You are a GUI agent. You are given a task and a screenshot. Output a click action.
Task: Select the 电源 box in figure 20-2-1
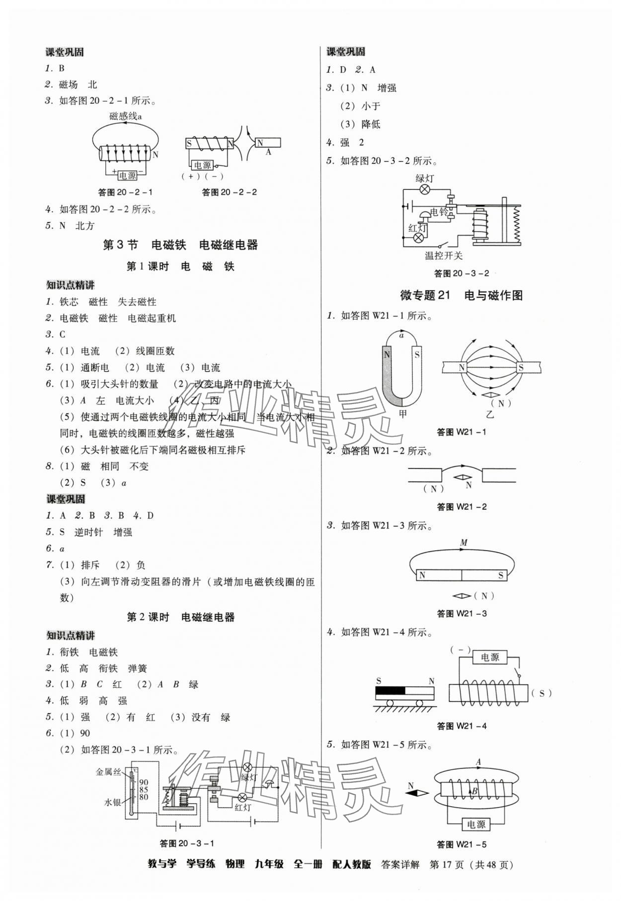click(x=128, y=175)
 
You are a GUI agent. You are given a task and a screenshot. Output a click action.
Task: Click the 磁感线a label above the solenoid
click(x=126, y=116)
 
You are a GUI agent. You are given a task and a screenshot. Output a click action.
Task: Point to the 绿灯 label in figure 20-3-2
click(x=424, y=178)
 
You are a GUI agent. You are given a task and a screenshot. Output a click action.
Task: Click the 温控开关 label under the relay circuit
click(x=444, y=255)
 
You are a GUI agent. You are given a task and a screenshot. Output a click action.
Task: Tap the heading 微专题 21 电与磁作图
click(x=461, y=295)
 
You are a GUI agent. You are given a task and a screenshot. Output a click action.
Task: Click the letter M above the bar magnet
click(x=464, y=543)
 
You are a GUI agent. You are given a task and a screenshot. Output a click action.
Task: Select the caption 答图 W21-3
click(x=462, y=614)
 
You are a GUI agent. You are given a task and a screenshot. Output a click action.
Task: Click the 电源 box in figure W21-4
click(x=489, y=657)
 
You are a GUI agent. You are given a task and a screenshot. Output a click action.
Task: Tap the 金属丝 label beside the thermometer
click(x=108, y=772)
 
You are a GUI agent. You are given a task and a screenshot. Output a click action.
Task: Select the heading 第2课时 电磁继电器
click(x=180, y=617)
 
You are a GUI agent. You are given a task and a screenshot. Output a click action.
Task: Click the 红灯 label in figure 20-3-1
click(x=242, y=807)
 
